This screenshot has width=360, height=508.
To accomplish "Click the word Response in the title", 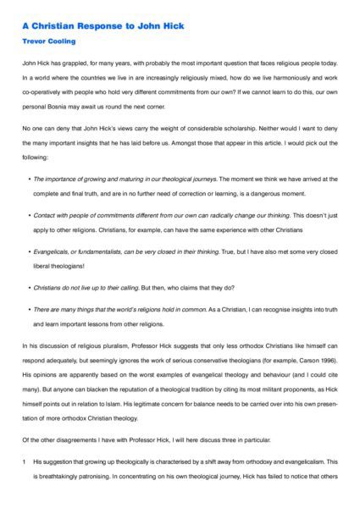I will click(x=105, y=26).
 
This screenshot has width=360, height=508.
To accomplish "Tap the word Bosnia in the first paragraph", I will click(x=65, y=106).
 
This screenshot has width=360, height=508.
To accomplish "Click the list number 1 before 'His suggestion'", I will click(x=25, y=461).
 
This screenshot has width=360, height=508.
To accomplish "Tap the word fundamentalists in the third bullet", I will click(x=98, y=251).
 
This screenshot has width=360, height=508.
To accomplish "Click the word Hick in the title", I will click(x=172, y=26).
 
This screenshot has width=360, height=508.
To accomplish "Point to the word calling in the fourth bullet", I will click(x=121, y=287).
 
